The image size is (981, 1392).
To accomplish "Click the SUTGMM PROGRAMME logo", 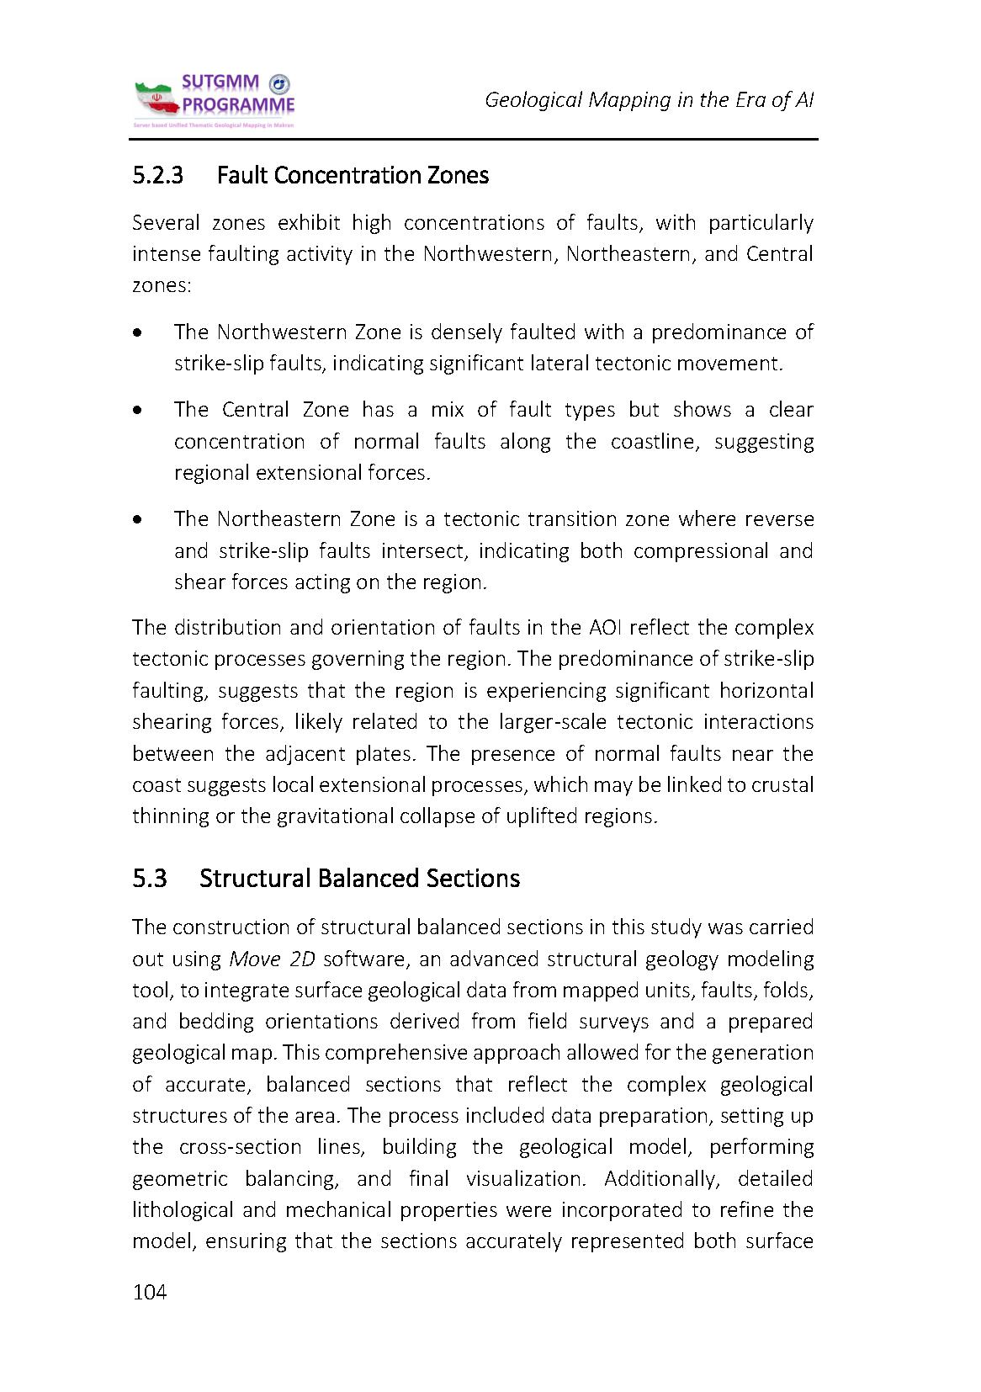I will [214, 100].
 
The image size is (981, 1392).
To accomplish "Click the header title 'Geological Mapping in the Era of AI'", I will [649, 100].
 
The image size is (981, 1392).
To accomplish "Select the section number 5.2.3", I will [157, 175].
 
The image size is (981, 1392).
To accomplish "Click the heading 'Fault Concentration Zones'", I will [353, 175].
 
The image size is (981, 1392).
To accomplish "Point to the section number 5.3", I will [150, 878].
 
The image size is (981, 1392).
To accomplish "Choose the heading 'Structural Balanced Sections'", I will [359, 878].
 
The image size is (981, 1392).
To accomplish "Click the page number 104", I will [150, 1292].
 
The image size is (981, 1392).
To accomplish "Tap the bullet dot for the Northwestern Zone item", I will [137, 333].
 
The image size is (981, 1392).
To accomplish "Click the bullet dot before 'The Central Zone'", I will [137, 412].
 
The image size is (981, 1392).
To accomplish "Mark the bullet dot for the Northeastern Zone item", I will [137, 520].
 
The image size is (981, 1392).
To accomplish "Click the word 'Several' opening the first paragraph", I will [166, 223].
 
